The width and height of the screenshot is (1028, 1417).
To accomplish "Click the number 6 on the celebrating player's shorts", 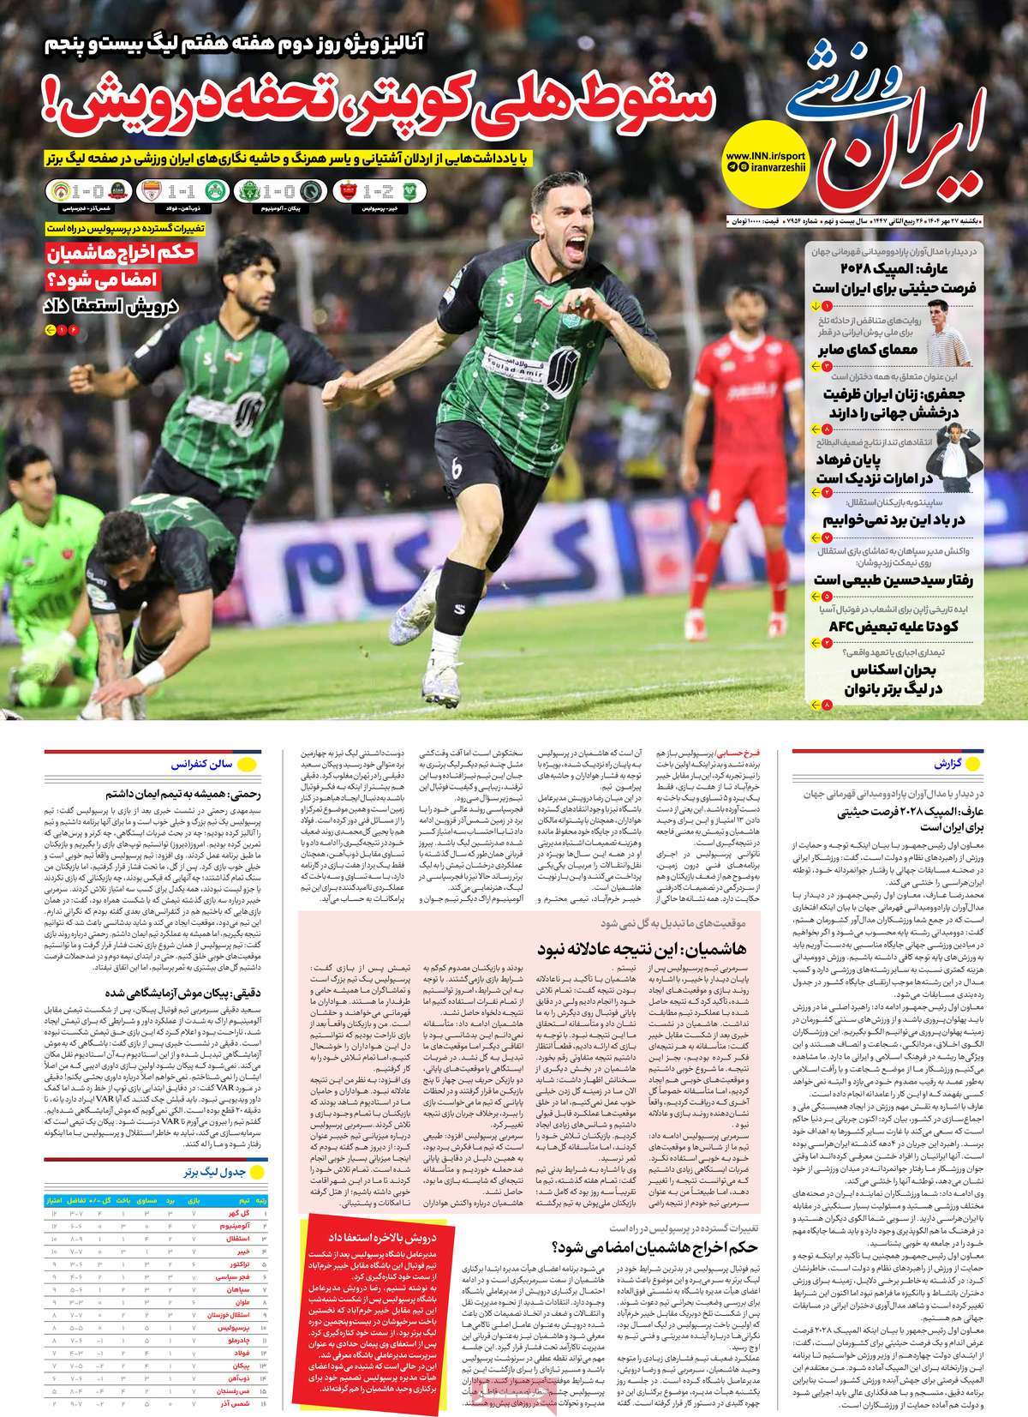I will (x=455, y=469).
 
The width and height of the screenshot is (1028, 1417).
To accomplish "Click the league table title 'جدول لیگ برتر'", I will (x=220, y=1170).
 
